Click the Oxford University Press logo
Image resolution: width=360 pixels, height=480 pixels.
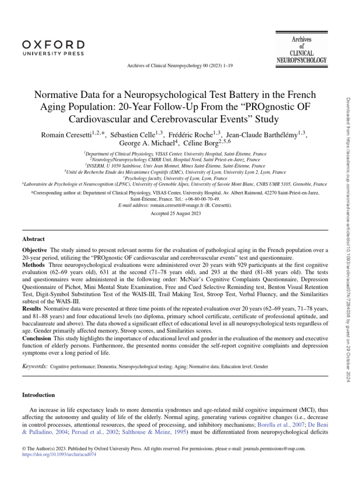pyautogui.click(x=53, y=48)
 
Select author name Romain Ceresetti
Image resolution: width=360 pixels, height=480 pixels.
pyautogui.click(x=66, y=135)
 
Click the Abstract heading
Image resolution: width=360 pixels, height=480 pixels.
pyautogui.click(x=34, y=239)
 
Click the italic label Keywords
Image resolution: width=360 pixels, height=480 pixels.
pyautogui.click(x=35, y=365)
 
